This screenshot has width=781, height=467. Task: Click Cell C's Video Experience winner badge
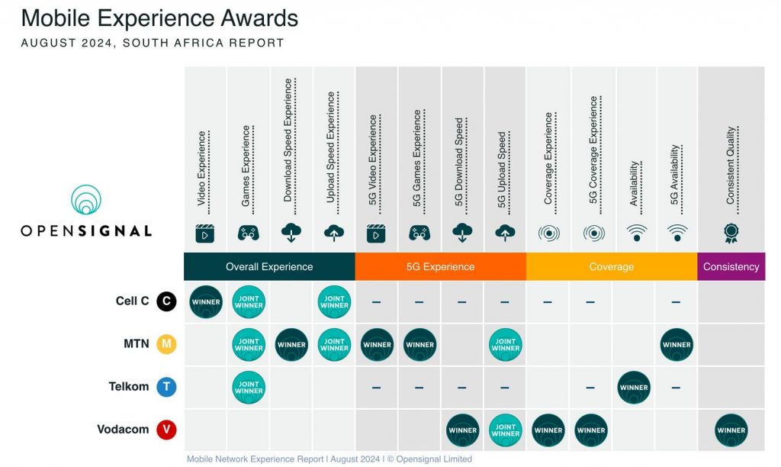[x=205, y=301]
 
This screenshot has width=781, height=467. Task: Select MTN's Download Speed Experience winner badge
[x=291, y=344]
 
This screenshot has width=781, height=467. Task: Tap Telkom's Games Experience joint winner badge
[x=249, y=387]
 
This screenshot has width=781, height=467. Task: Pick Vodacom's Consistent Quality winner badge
[x=731, y=430]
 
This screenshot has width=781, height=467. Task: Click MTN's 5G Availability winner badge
[x=677, y=344]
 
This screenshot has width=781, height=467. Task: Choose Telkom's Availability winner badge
[x=634, y=387]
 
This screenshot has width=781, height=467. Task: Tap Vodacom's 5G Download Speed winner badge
[x=462, y=430]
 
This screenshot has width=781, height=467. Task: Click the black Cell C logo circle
[x=166, y=301]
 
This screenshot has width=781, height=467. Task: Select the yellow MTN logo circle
[x=166, y=344]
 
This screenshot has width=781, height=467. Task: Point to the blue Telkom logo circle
[x=166, y=387]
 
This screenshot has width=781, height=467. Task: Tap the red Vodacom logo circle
[x=166, y=430]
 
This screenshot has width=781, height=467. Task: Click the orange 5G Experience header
[x=440, y=266]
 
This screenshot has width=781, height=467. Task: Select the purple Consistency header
[x=731, y=266]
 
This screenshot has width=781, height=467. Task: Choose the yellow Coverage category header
[x=611, y=266]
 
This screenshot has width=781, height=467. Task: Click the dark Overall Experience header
[x=269, y=266]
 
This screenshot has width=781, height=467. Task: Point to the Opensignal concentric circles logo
[x=86, y=200]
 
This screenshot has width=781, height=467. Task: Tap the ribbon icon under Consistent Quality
[x=731, y=233]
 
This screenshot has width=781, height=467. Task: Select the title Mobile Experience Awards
[x=159, y=18]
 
